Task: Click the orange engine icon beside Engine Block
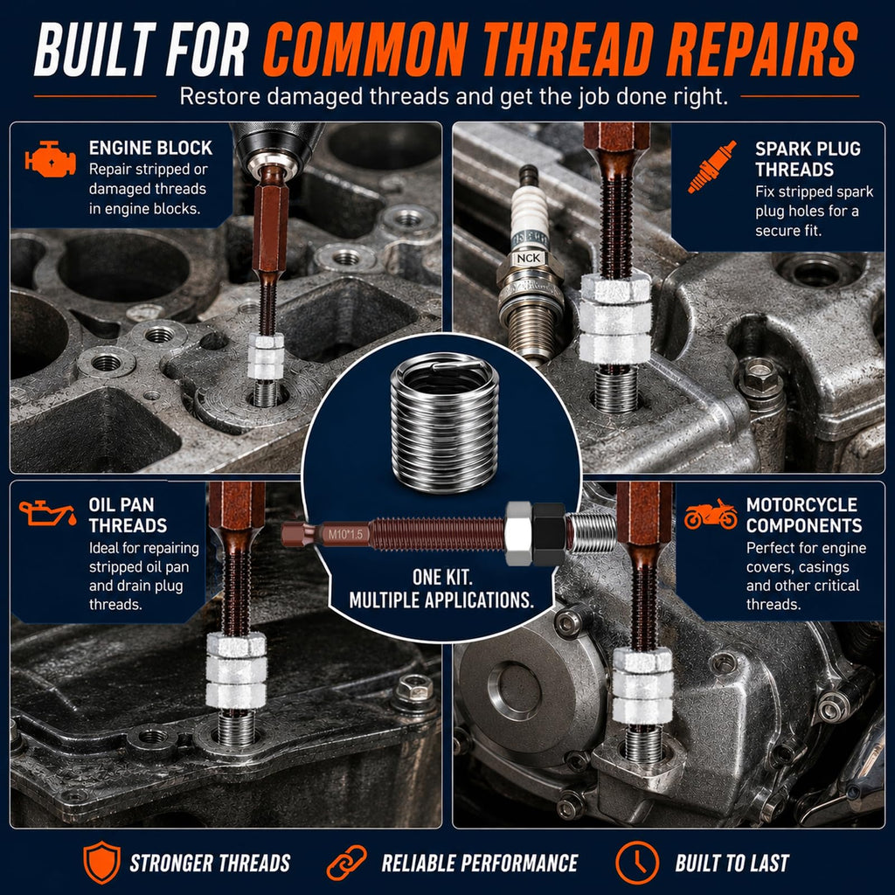click(x=50, y=158)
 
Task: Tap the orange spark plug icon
click(x=711, y=167)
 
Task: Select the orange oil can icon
click(x=47, y=513)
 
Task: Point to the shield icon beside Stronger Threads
click(x=101, y=862)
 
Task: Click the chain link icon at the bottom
click(x=346, y=863)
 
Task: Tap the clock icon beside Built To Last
click(x=637, y=862)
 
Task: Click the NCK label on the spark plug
click(x=528, y=258)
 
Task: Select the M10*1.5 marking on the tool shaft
click(x=345, y=534)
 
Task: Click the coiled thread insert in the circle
click(x=444, y=421)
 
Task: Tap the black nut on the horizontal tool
click(x=549, y=534)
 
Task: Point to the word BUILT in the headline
click(x=94, y=50)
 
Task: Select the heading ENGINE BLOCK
click(x=150, y=148)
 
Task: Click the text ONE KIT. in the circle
click(x=442, y=577)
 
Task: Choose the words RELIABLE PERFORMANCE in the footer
click(x=480, y=863)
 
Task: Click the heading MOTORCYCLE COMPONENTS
click(x=804, y=515)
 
